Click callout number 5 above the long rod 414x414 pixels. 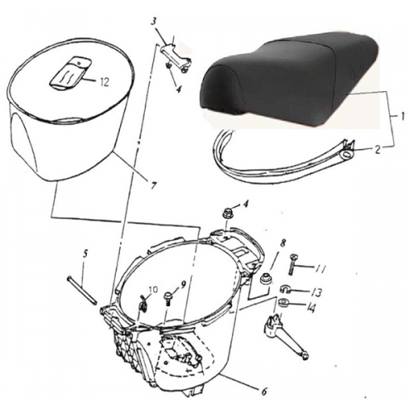[85, 253]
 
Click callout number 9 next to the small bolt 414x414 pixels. [184, 284]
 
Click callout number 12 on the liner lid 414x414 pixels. [104, 80]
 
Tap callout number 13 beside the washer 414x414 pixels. [318, 292]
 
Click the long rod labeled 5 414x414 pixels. [83, 286]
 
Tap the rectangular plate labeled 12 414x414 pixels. [68, 73]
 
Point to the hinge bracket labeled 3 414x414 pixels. [175, 58]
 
